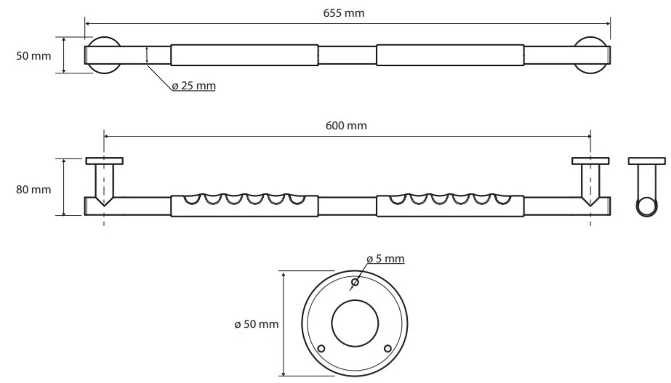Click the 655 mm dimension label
click(x=344, y=13)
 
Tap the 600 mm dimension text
click(x=346, y=126)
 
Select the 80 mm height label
click(x=33, y=189)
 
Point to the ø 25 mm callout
click(x=194, y=86)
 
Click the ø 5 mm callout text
click(x=385, y=259)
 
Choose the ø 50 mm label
click(x=257, y=324)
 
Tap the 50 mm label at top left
click(x=33, y=56)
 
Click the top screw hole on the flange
click(x=355, y=282)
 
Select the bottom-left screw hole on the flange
click(x=321, y=348)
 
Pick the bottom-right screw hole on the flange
click(x=387, y=348)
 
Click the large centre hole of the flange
click(x=355, y=323)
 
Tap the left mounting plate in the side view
click(x=105, y=161)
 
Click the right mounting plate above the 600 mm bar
click(x=590, y=161)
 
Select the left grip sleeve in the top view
click(x=244, y=55)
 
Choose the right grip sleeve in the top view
click(x=450, y=55)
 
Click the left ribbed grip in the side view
click(x=244, y=206)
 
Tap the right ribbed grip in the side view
click(x=450, y=206)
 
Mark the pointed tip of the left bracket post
click(x=104, y=206)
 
